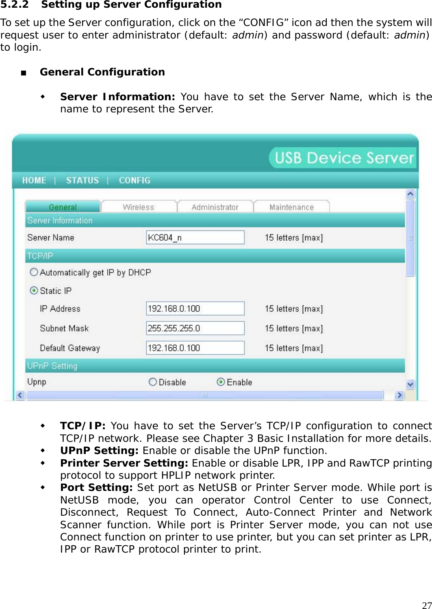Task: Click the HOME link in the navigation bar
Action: pyautogui.click(x=34, y=181)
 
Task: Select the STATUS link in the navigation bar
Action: pyautogui.click(x=82, y=181)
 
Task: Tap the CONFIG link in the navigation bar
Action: pyautogui.click(x=135, y=181)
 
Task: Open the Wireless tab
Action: pyautogui.click(x=139, y=207)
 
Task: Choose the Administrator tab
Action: pyautogui.click(x=215, y=207)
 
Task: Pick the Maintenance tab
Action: pyautogui.click(x=291, y=207)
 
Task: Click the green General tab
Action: pyautogui.click(x=63, y=207)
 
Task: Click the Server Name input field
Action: pyautogui.click(x=195, y=237)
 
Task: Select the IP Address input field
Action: pyautogui.click(x=195, y=308)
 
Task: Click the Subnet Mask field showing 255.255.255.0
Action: pyautogui.click(x=195, y=328)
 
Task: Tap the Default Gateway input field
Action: pyautogui.click(x=195, y=348)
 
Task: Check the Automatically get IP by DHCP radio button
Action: pyautogui.click(x=34, y=272)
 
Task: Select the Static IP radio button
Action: pyautogui.click(x=34, y=291)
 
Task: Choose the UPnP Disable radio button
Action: pyautogui.click(x=153, y=382)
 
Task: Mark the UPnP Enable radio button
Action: pyautogui.click(x=221, y=382)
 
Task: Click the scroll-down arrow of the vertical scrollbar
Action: pyautogui.click(x=410, y=384)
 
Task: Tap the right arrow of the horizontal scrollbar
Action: pyautogui.click(x=399, y=395)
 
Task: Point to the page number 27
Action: pyautogui.click(x=427, y=605)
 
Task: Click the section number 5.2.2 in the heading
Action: pyautogui.click(x=14, y=5)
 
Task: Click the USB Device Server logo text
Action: pyautogui.click(x=344, y=158)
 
